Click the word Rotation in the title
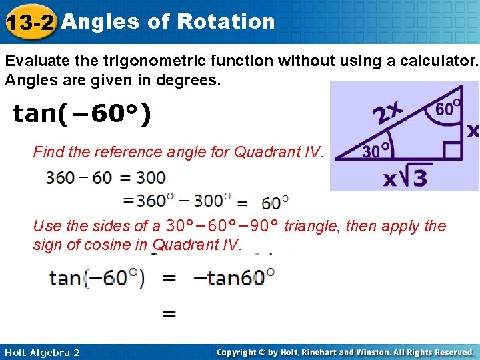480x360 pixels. (x=226, y=21)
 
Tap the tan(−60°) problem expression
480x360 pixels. (x=82, y=114)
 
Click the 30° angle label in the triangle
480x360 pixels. (x=375, y=151)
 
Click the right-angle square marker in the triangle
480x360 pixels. (x=453, y=150)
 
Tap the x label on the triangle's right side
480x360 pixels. (x=472, y=131)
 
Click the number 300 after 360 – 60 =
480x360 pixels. (x=150, y=178)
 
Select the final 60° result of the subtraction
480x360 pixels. (x=275, y=201)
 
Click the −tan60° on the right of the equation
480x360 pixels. (x=234, y=277)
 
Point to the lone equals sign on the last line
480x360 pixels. (x=170, y=313)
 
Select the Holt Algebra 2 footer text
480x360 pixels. (x=41, y=352)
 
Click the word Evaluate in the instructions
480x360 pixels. (x=32, y=61)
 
